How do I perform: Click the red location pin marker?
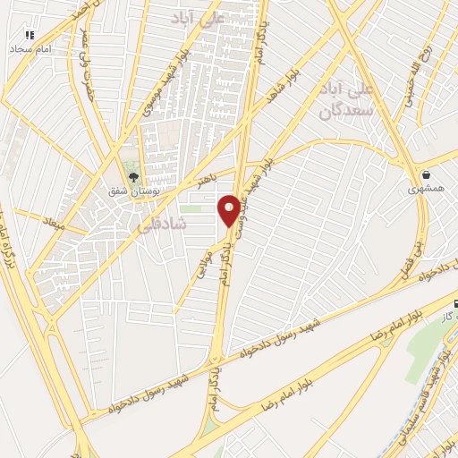coord(229,209)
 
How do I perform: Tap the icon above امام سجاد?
coord(29,36)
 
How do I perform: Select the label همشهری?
coord(426,189)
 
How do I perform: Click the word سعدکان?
coord(339,112)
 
